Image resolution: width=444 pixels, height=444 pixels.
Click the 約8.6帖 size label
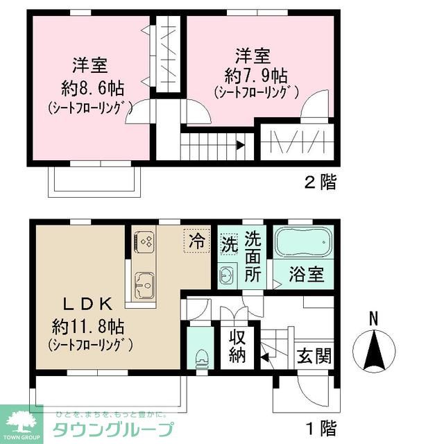pyautogui.click(x=90, y=89)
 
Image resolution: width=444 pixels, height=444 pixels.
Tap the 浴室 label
pyautogui.click(x=306, y=273)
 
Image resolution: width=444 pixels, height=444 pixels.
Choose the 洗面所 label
pyautogui.click(x=254, y=255)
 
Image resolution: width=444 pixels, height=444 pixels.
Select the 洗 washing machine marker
pyautogui.click(x=230, y=244)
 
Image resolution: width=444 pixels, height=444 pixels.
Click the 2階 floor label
pyautogui.click(x=321, y=182)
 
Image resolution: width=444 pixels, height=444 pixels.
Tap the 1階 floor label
pyautogui.click(x=321, y=425)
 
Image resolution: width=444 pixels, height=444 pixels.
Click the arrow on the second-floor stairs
pyautogui.click(x=239, y=146)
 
